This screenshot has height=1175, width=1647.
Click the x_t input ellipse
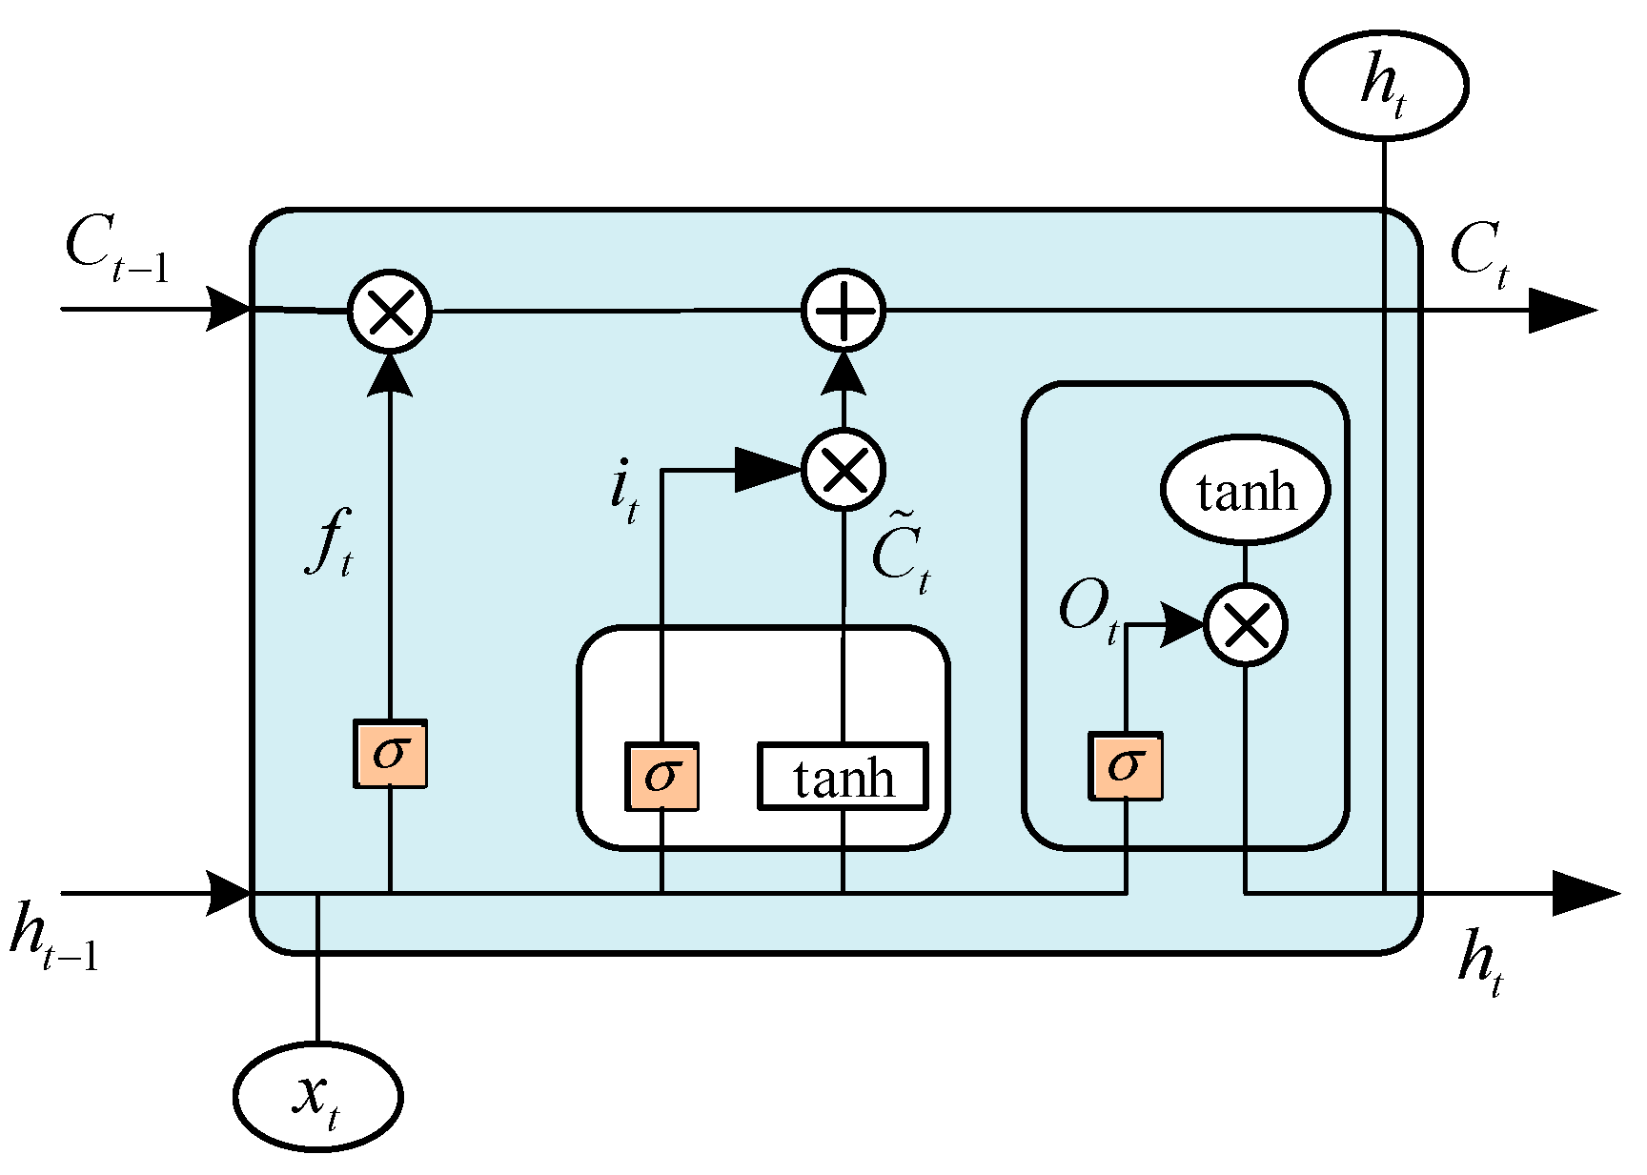click(x=317, y=1096)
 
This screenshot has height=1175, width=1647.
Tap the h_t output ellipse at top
click(x=1383, y=85)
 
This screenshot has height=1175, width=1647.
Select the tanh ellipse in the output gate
click(x=1245, y=491)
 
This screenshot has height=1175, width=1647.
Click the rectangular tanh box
click(x=843, y=777)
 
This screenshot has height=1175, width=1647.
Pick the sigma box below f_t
click(x=390, y=754)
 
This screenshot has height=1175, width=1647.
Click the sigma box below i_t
click(x=661, y=777)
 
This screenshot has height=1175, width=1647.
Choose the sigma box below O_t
click(x=1126, y=766)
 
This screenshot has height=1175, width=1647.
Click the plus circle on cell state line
click(x=843, y=311)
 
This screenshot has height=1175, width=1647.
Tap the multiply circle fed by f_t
click(x=389, y=311)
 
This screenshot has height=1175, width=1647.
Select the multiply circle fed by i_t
click(x=843, y=469)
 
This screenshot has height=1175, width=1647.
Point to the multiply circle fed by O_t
click(x=1245, y=625)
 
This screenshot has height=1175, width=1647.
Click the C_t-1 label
click(x=116, y=251)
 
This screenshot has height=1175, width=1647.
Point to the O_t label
click(x=1088, y=613)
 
